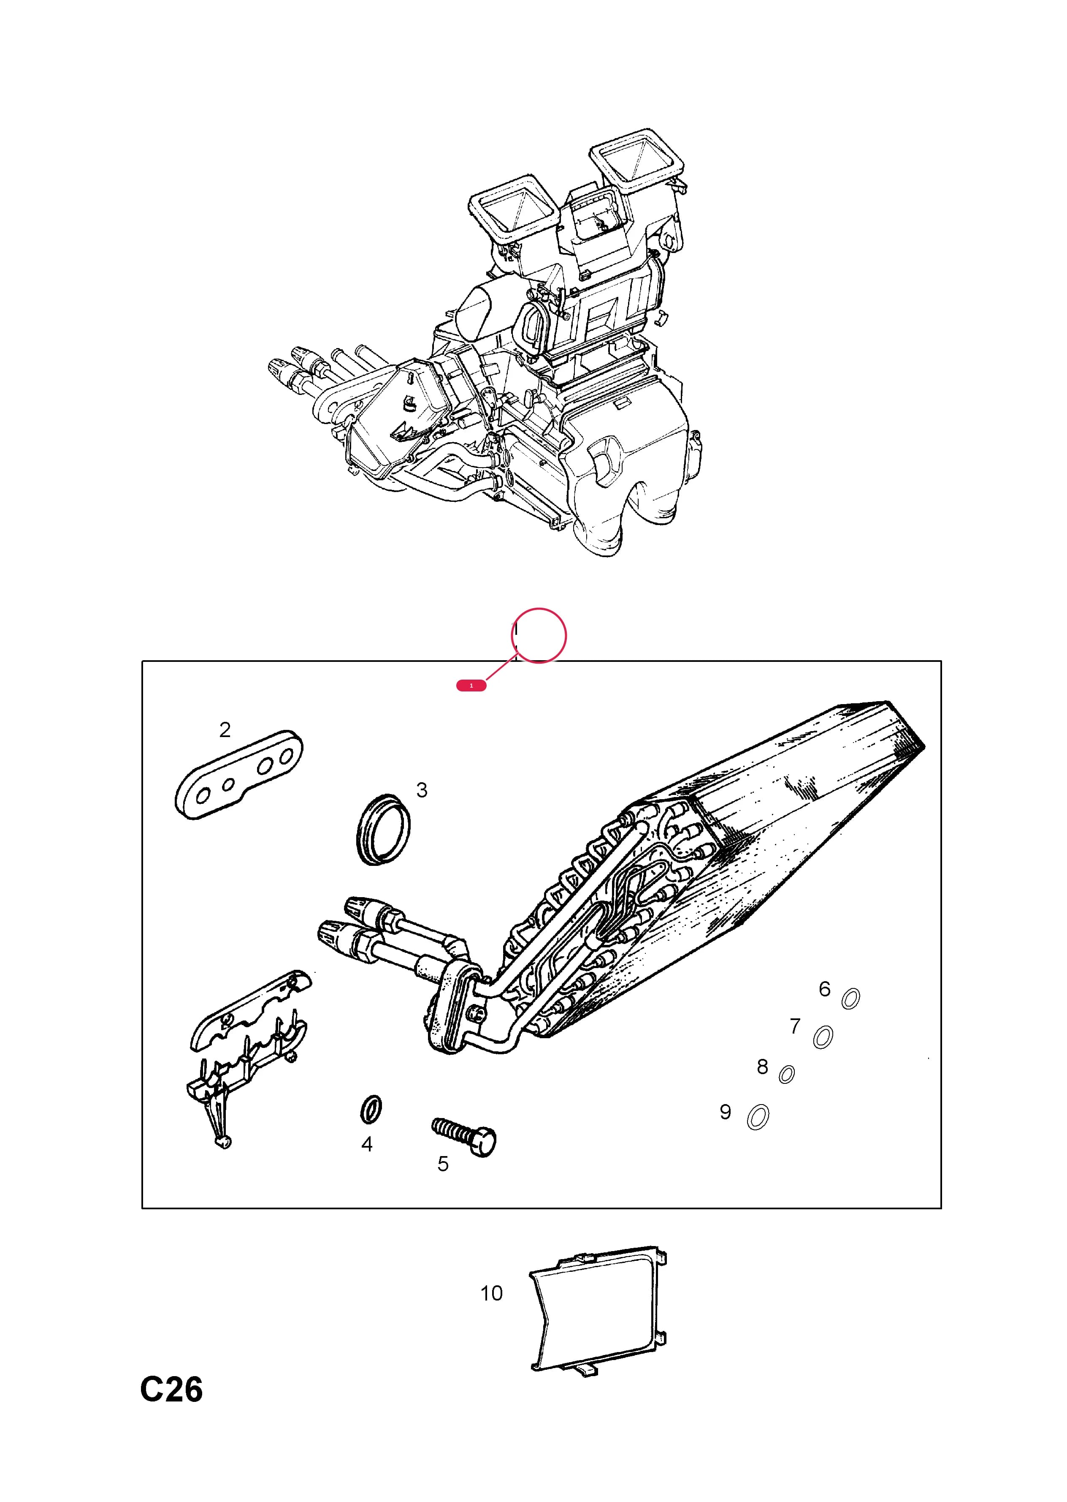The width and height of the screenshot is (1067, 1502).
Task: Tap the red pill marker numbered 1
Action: tap(471, 686)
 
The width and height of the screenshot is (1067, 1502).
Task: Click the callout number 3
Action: tap(422, 790)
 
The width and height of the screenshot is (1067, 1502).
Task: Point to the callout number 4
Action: tap(367, 1144)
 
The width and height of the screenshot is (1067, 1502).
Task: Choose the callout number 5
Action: tap(443, 1164)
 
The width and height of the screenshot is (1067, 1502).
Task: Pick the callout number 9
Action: tap(726, 1112)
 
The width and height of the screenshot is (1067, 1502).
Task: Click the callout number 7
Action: tap(795, 1026)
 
